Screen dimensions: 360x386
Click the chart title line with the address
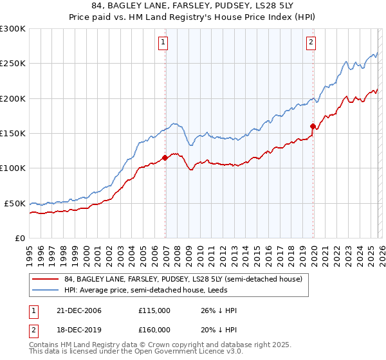coord(193,6)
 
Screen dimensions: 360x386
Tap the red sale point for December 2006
coord(165,157)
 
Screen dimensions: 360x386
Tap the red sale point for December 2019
coord(313,126)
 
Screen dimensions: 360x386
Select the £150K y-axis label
coord(13,133)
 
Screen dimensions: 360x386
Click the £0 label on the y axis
coord(19,238)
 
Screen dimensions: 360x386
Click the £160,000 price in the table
coord(154,330)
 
